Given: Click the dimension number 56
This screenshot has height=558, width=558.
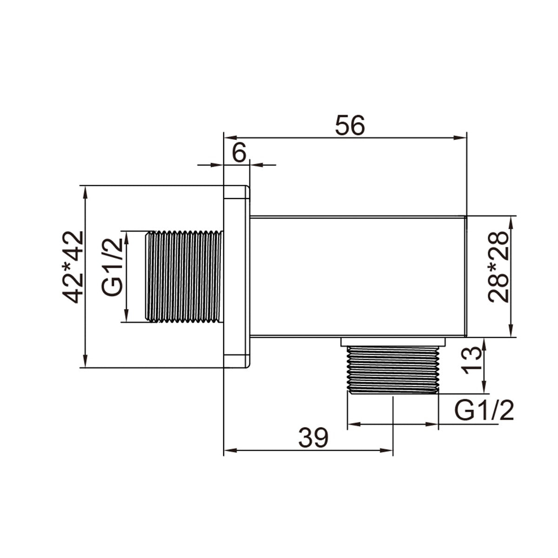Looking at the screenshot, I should (x=350, y=125).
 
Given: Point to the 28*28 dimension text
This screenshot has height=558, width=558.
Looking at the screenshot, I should (x=498, y=267).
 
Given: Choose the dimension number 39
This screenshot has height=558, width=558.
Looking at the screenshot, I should (x=313, y=438).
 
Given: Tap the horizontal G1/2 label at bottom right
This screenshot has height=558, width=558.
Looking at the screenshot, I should (x=485, y=411).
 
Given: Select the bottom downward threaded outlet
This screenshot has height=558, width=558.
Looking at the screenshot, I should (x=393, y=370).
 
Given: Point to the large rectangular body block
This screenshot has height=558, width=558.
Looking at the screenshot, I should (x=358, y=276).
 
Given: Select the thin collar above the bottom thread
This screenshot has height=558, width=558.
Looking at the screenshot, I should (x=393, y=342).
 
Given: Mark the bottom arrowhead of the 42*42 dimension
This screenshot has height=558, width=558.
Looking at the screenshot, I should (x=85, y=362).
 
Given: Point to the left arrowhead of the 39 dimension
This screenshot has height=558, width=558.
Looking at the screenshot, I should (x=229, y=450).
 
